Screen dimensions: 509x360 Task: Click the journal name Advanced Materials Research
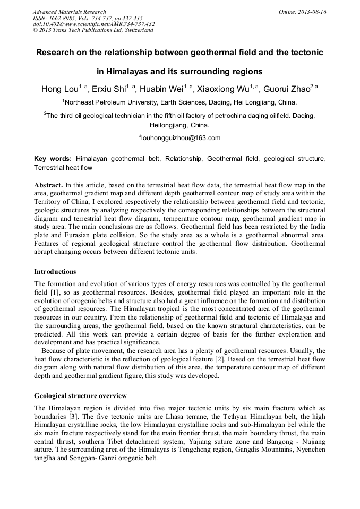(69, 12)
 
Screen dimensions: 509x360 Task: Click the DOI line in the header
(93, 24)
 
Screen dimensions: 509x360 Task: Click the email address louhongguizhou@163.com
(181, 138)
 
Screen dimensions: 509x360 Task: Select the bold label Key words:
(53, 159)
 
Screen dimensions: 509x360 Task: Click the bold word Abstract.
(48, 185)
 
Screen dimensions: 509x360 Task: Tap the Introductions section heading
(55, 271)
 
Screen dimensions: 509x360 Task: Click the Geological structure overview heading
(80, 396)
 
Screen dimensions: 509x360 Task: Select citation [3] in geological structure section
(75, 416)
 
